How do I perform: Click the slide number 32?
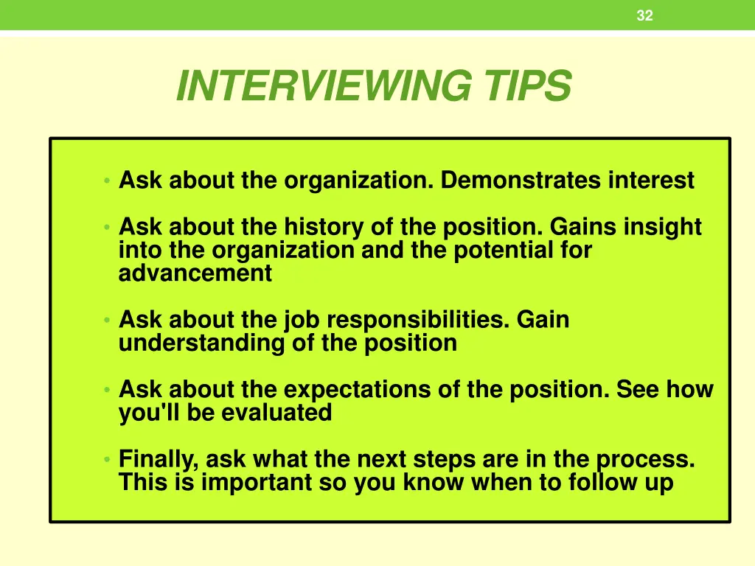pyautogui.click(x=644, y=15)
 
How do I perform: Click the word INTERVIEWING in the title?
pyautogui.click(x=322, y=86)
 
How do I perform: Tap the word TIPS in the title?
pyautogui.click(x=527, y=86)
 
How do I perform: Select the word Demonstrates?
pyautogui.click(x=521, y=180)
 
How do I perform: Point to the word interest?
pyautogui.click(x=651, y=180)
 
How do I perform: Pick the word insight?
pyautogui.click(x=662, y=227)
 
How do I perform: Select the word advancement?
pyautogui.click(x=195, y=274)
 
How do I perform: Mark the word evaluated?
pyautogui.click(x=276, y=413)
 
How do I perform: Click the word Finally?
pyautogui.click(x=159, y=460)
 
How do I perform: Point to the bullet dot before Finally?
pyautogui.click(x=107, y=460)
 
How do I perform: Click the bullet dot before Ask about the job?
pyautogui.click(x=107, y=321)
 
